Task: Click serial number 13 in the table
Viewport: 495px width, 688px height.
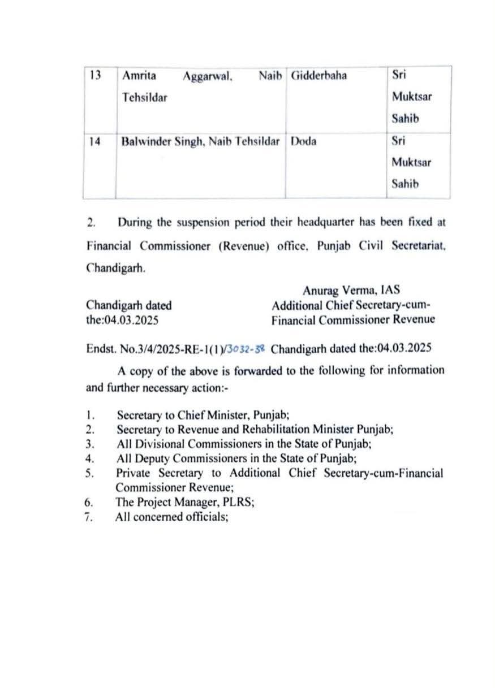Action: [95, 76]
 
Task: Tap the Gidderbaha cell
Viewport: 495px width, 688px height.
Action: [318, 76]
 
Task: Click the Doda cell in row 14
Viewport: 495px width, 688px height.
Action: [304, 142]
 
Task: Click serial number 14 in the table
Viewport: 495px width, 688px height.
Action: [95, 142]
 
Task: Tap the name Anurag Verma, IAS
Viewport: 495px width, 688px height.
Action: [351, 291]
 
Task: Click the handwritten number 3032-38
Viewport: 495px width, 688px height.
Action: [247, 348]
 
